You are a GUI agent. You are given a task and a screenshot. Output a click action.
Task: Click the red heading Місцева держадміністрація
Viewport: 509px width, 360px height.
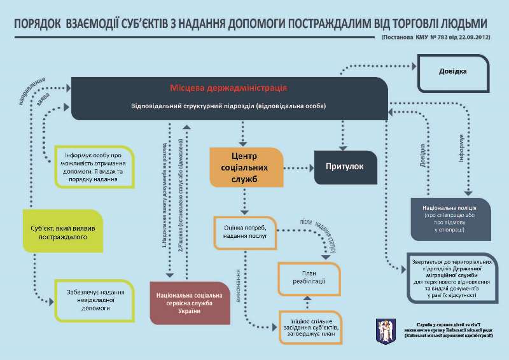(x=228, y=87)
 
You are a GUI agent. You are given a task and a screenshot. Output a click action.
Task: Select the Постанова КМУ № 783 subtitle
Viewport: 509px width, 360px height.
(x=435, y=39)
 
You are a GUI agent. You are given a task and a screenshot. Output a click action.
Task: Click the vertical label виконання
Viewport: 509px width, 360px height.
(x=239, y=286)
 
